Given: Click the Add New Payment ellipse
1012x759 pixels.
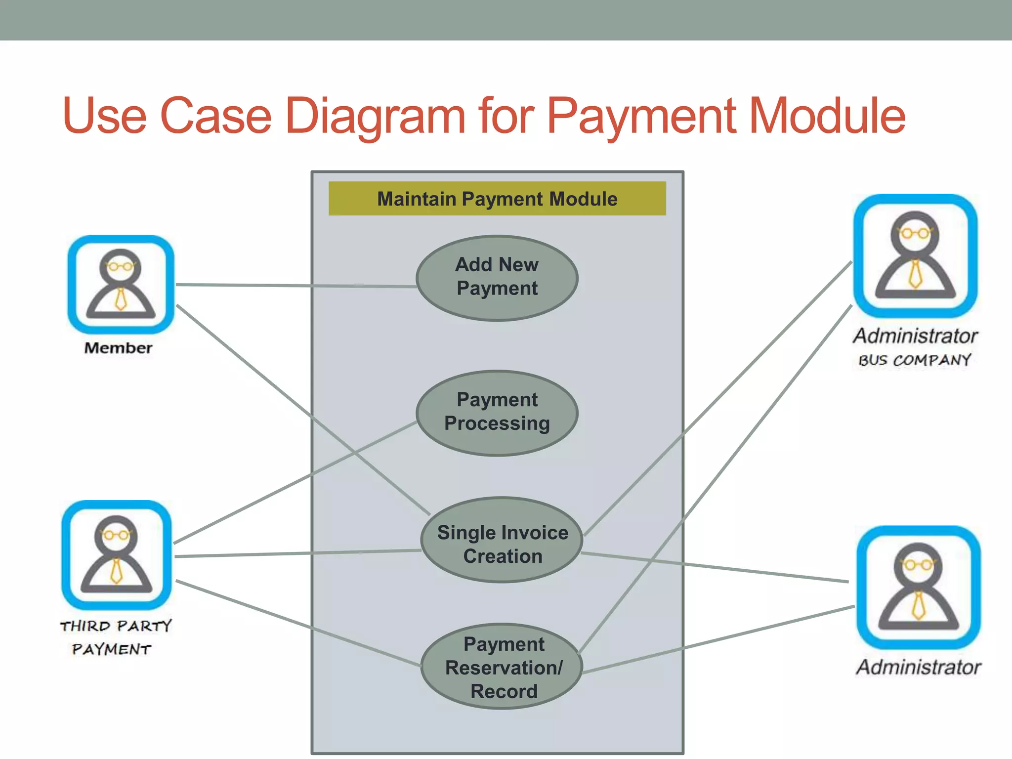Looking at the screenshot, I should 497,278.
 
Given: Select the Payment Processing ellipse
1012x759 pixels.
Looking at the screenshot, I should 497,413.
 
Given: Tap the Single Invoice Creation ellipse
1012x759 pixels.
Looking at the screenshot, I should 502,540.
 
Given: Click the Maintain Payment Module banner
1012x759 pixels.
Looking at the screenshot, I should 497,199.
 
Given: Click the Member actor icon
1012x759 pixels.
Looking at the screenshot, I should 121,285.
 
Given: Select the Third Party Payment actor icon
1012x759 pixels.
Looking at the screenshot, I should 117,554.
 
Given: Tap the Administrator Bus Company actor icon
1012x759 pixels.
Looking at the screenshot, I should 915,255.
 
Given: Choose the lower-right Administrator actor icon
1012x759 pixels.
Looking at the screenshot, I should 918,587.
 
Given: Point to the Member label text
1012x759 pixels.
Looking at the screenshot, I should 119,348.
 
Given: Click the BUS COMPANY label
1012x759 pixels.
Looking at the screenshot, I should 915,360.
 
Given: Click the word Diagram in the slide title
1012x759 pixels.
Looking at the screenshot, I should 375,116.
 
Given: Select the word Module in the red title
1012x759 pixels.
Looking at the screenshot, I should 827,116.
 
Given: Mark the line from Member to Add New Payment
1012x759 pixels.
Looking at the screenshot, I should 296,285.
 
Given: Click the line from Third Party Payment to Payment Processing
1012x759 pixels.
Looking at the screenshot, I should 296,482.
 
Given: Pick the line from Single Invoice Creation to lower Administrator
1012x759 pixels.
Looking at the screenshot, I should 717,567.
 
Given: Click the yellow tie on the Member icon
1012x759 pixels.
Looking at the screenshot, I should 121,299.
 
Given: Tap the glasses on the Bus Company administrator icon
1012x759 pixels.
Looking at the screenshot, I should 915,233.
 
